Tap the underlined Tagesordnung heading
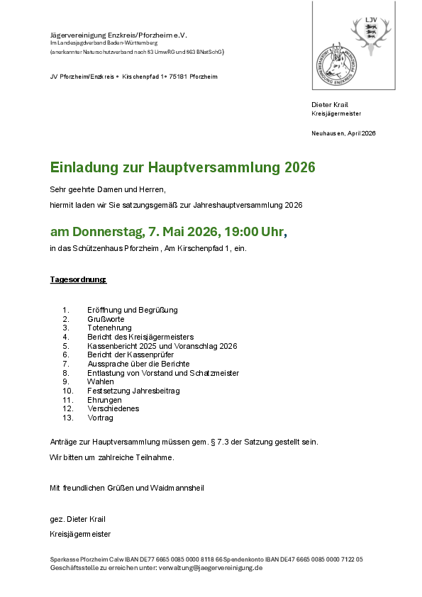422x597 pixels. pos(78,279)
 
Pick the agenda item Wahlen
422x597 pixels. pos(100,381)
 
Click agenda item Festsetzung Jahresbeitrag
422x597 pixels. pos(133,391)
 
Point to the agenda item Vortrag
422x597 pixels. pos(100,418)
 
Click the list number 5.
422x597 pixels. pos(65,345)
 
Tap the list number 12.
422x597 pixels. pos(68,408)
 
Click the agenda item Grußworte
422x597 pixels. pos(106,319)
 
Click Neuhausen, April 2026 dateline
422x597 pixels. pos(343,133)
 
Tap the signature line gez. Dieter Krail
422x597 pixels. pos(77,519)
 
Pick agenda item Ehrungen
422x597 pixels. pos(104,400)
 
